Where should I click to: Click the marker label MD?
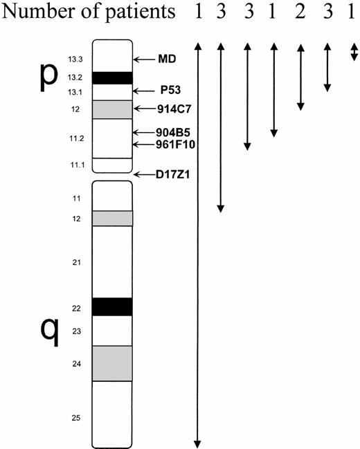[167, 60]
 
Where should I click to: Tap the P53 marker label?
[170, 91]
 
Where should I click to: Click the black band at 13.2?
[112, 77]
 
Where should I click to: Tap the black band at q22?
[112, 307]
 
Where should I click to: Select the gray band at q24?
[112, 363]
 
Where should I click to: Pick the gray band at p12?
[112, 109]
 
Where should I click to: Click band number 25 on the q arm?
[75, 418]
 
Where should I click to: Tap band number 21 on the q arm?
[75, 262]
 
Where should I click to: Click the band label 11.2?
[76, 139]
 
